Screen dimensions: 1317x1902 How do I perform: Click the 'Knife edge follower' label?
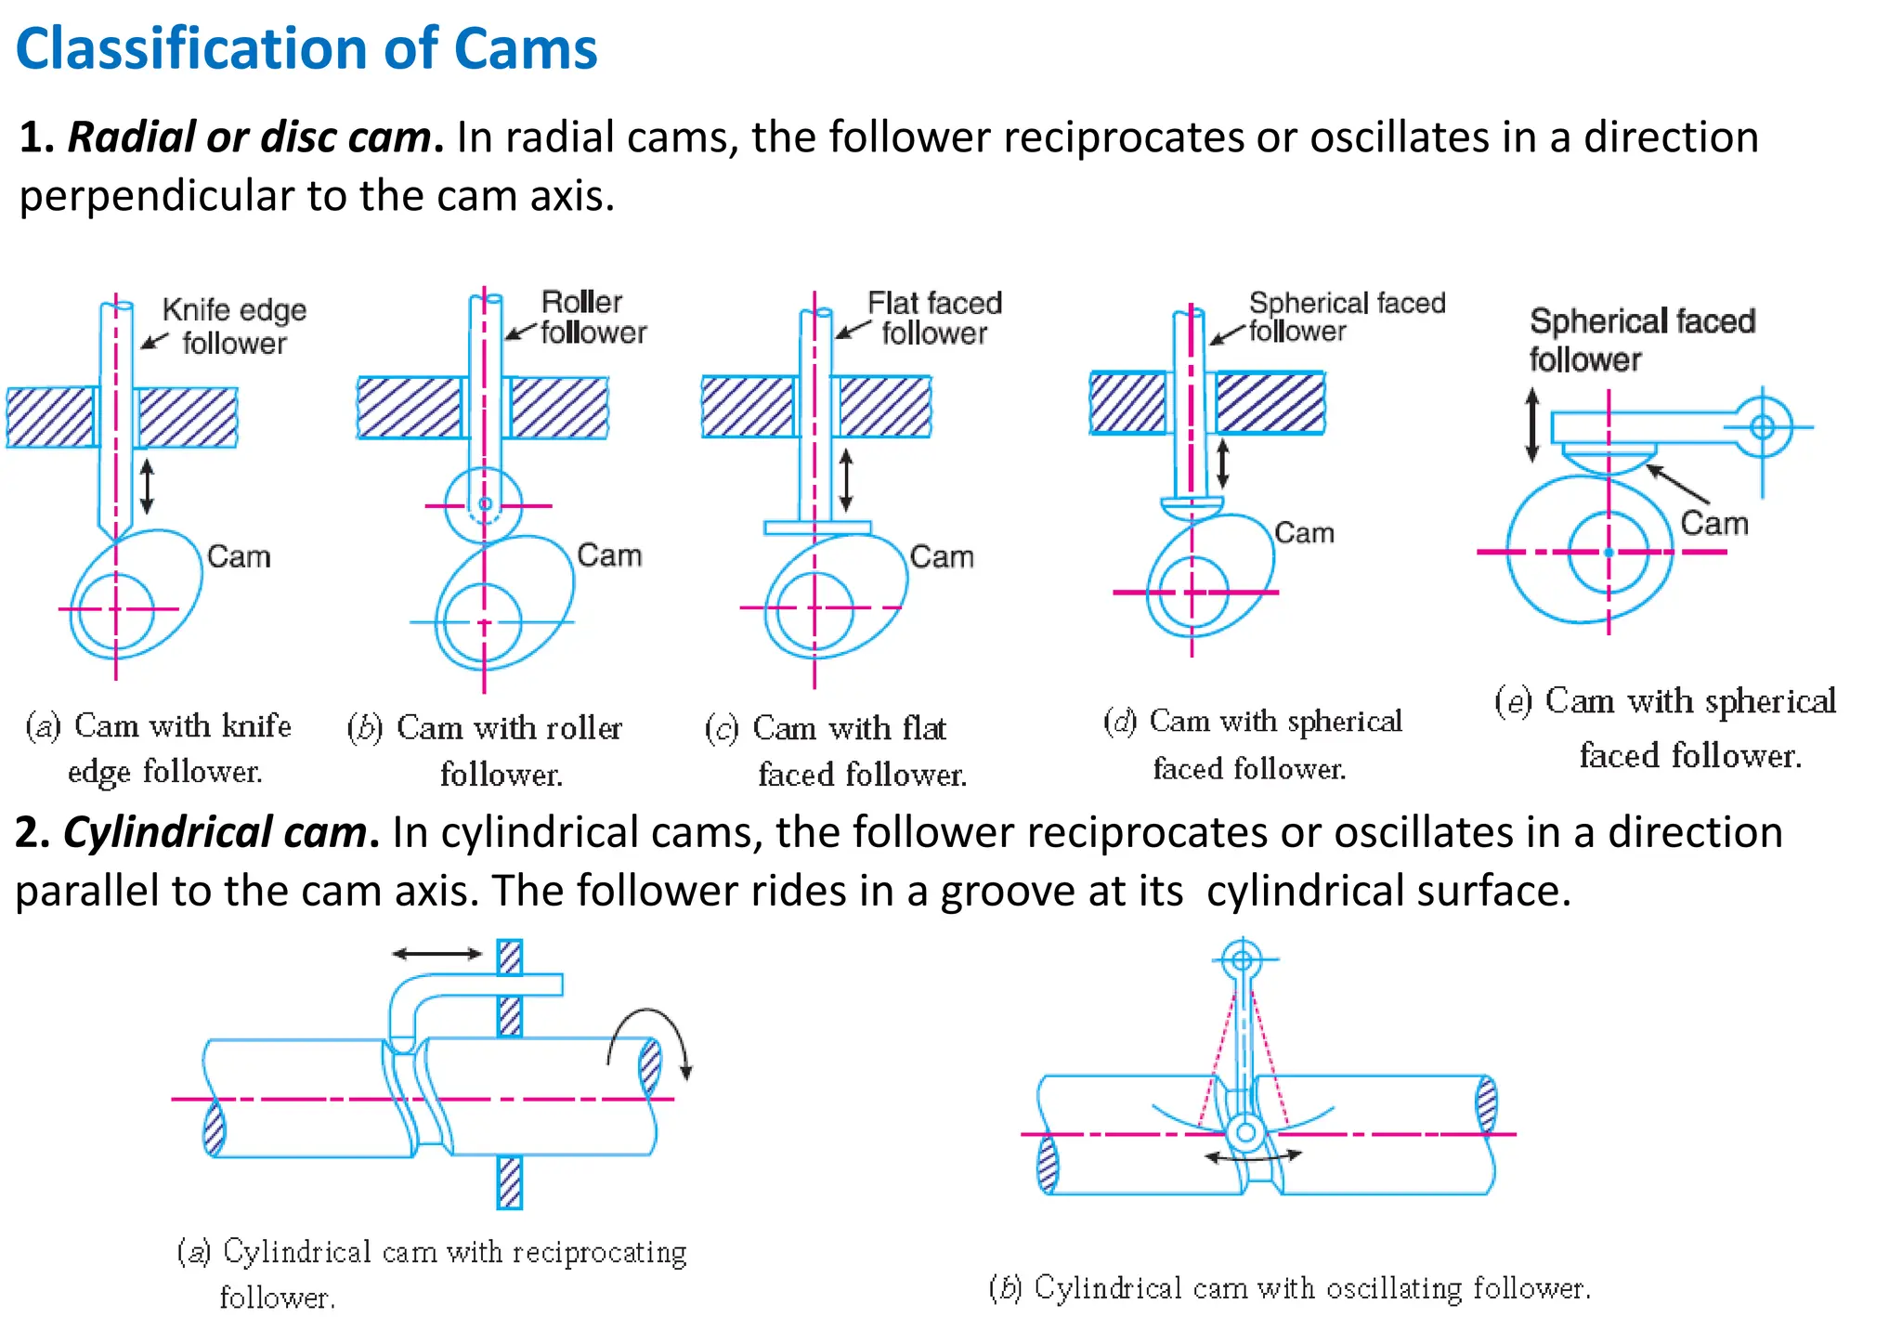coord(233,326)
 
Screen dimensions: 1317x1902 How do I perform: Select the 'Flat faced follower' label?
coord(933,318)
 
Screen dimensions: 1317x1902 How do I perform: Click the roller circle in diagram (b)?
coord(484,504)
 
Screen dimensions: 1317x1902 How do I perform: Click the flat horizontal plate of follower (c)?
coord(816,528)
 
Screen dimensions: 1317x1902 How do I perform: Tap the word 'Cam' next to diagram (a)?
coord(239,556)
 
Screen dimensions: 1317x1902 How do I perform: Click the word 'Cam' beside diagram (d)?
coord(1304,532)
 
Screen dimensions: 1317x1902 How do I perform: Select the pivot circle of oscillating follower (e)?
coord(1762,426)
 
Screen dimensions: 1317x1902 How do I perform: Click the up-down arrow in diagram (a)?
coord(147,487)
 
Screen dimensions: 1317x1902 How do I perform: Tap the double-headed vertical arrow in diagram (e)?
coord(1532,425)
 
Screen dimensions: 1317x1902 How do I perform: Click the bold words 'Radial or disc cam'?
coord(249,137)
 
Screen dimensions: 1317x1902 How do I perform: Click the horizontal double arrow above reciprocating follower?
coord(436,953)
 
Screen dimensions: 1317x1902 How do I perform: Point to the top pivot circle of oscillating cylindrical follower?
coord(1242,958)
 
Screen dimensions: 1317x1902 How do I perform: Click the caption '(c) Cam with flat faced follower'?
coord(836,750)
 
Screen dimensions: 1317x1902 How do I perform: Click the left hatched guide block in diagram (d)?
coord(1127,403)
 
